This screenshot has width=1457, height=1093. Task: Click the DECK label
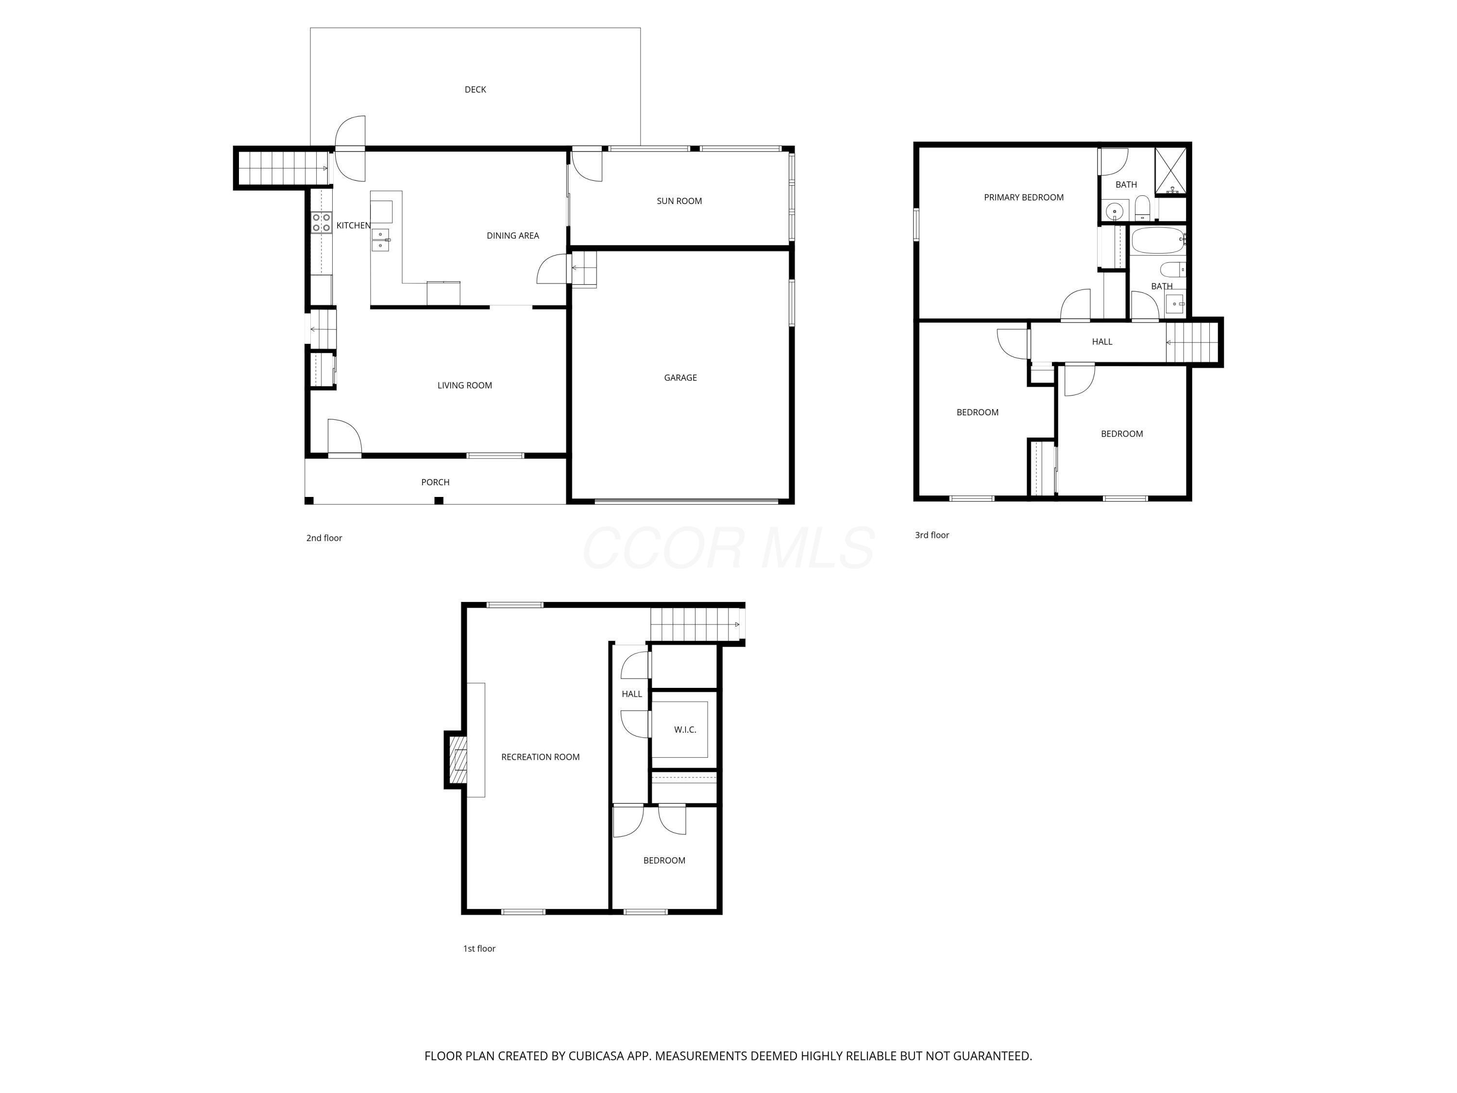475,89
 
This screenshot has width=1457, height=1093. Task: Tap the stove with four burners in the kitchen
322,222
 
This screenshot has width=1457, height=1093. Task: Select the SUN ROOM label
679,201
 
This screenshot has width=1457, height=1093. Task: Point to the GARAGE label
680,377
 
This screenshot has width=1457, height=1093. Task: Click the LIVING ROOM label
464,385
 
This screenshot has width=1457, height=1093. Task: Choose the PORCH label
435,482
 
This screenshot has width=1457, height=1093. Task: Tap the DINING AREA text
512,235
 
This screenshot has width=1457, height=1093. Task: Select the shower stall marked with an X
1170,171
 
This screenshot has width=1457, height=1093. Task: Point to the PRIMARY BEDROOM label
1024,197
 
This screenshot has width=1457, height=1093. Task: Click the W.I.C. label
685,729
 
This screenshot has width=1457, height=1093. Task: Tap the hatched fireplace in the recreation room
458,760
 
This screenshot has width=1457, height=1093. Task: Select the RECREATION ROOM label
540,757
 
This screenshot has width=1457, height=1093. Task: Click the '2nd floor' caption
324,538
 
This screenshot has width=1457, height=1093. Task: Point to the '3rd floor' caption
932,535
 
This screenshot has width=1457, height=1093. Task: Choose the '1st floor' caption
479,949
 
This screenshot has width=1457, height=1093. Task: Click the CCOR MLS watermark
728,547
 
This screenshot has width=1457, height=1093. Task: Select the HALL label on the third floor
1102,342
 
